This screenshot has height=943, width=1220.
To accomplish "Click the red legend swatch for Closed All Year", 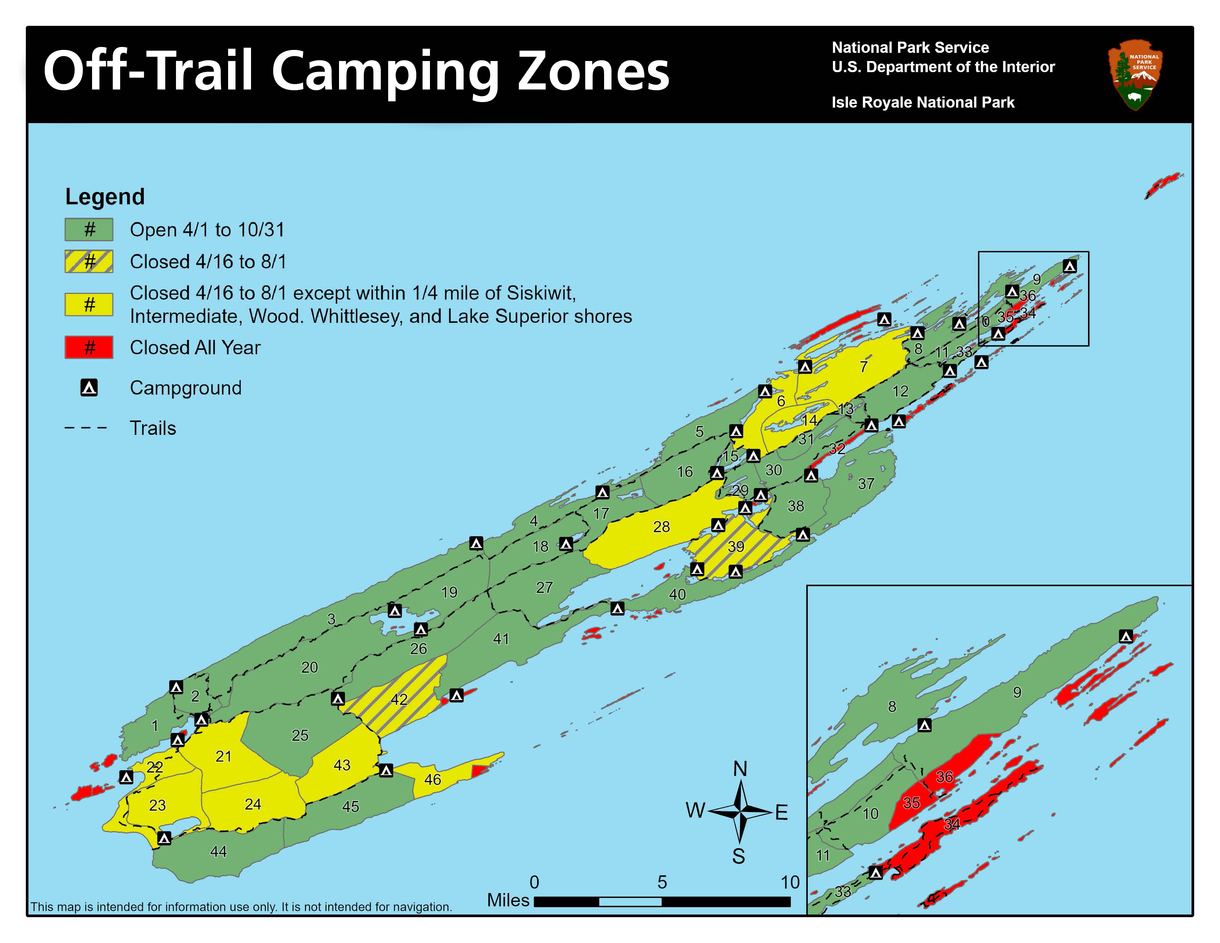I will [x=89, y=348].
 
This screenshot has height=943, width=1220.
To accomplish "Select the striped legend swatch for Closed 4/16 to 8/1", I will [x=89, y=261].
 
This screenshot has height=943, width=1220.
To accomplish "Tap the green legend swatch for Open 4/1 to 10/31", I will [x=89, y=230].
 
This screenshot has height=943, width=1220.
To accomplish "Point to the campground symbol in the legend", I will [x=89, y=388].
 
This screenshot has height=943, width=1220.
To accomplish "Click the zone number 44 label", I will [x=218, y=851].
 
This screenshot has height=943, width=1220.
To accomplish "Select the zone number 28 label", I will [x=661, y=527].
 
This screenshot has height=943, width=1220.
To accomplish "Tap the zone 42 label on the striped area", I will [x=399, y=699].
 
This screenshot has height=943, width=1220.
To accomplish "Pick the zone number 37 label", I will [x=866, y=484].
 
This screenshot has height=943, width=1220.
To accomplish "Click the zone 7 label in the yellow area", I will [x=864, y=366].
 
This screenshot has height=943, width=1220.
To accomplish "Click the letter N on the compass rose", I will [x=740, y=769].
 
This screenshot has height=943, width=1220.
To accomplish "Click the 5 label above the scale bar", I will [x=662, y=882].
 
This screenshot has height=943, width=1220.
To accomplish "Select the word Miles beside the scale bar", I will [x=508, y=900].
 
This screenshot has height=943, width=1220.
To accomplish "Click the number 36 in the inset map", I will [x=945, y=777].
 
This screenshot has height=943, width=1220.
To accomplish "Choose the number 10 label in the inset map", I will [x=870, y=814].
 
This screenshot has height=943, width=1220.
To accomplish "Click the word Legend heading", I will [x=105, y=197].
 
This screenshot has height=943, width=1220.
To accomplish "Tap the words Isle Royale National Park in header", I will [x=923, y=102].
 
